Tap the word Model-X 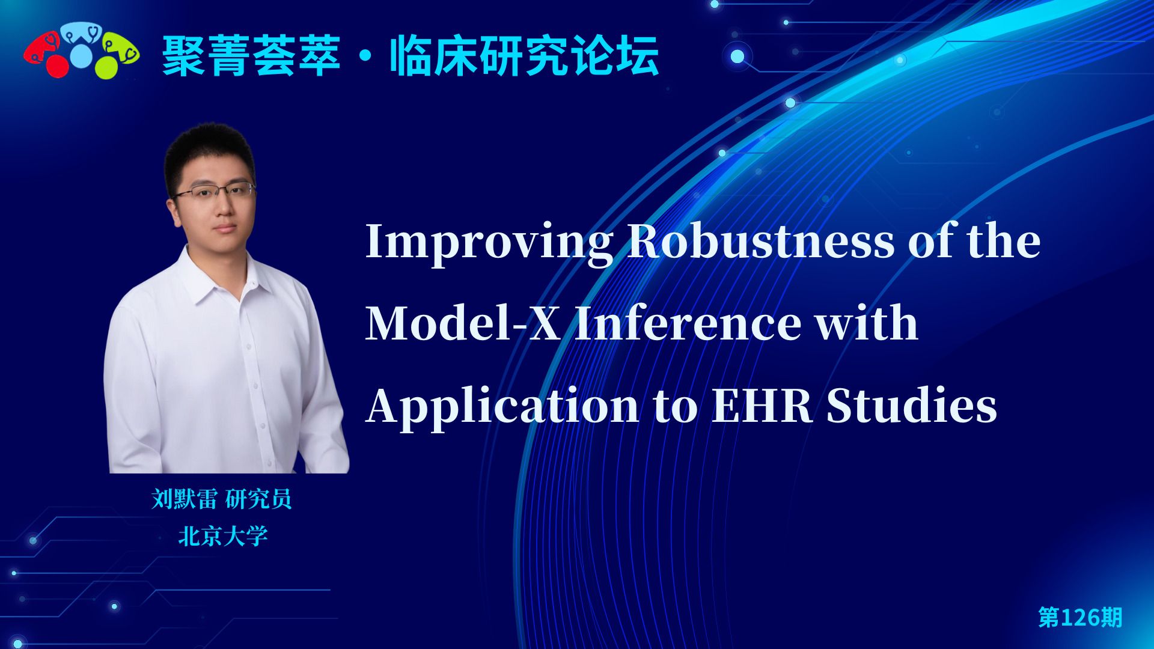click(x=463, y=323)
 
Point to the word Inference click(x=688, y=323)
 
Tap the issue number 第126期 click(x=1080, y=617)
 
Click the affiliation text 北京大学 click(x=222, y=536)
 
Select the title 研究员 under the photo click(x=259, y=499)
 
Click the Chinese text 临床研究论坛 click(x=525, y=56)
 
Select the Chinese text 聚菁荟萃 click(x=252, y=56)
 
